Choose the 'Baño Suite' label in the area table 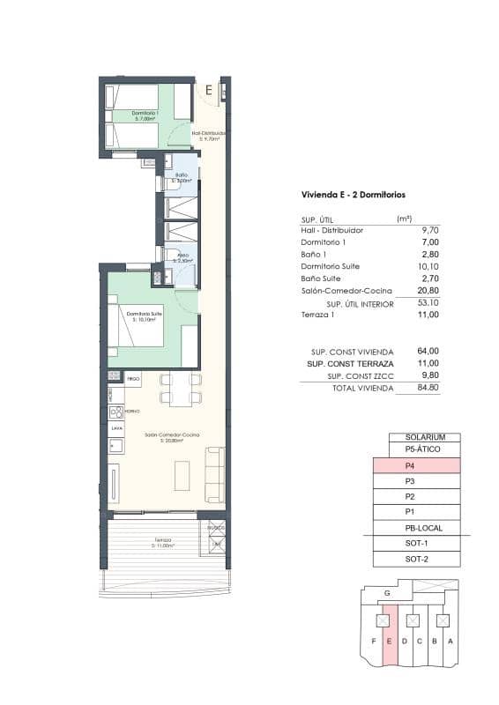pyautogui.click(x=320, y=278)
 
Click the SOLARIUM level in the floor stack pyautogui.click(x=425, y=437)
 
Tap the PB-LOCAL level pyautogui.click(x=422, y=527)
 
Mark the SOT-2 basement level pyautogui.click(x=417, y=558)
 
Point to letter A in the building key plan pyautogui.click(x=451, y=641)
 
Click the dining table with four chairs pyautogui.click(x=180, y=389)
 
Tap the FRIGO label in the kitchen pyautogui.click(x=133, y=379)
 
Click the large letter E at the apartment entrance pyautogui.click(x=208, y=90)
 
